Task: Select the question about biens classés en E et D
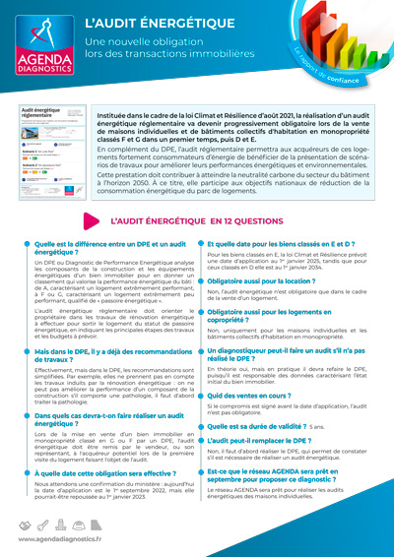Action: pos(281,243)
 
